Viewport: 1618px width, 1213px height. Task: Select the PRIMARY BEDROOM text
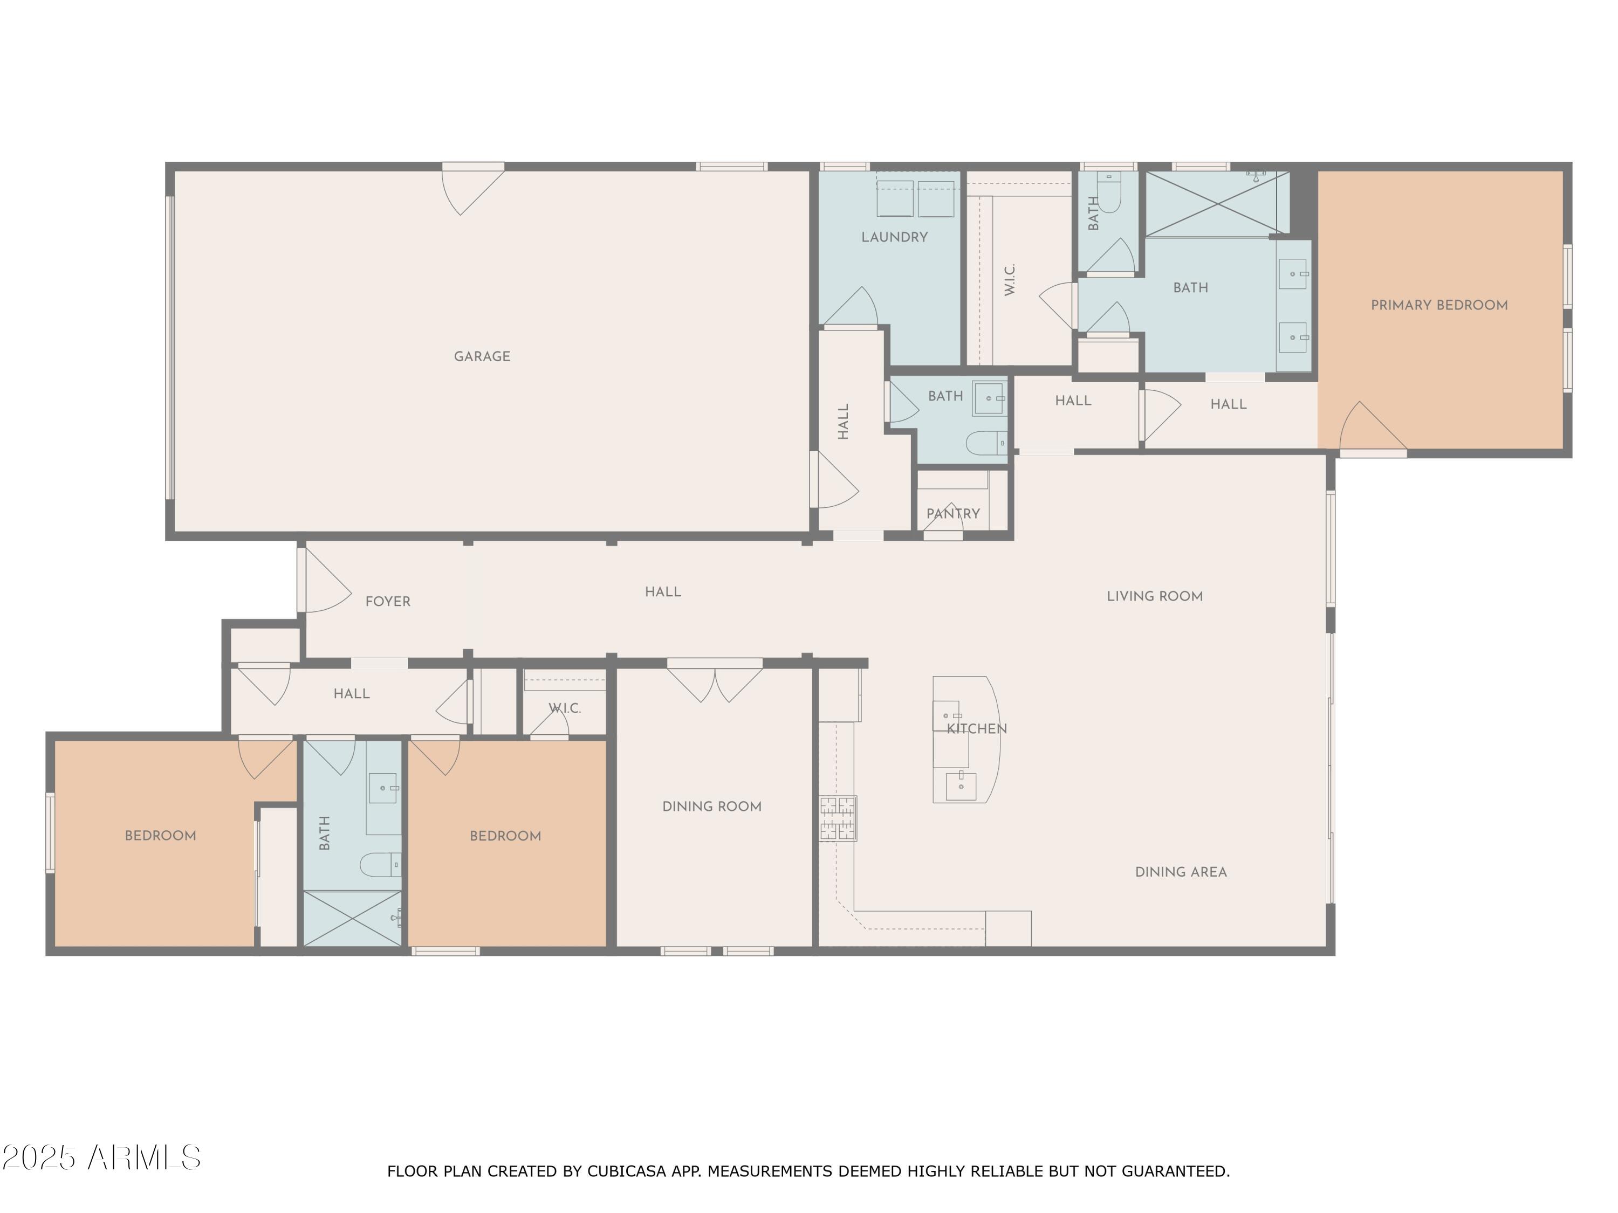(x=1439, y=306)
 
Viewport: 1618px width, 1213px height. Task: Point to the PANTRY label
(x=952, y=514)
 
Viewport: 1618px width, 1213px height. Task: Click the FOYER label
(x=388, y=602)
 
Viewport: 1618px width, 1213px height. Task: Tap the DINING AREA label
(x=1181, y=872)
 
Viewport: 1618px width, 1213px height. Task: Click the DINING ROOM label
(x=712, y=807)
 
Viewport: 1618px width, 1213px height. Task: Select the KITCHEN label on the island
(x=977, y=729)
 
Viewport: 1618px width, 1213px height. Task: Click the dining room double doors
(x=714, y=681)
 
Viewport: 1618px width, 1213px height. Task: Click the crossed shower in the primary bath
(x=1216, y=204)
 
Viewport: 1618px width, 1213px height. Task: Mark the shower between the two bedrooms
(x=353, y=918)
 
